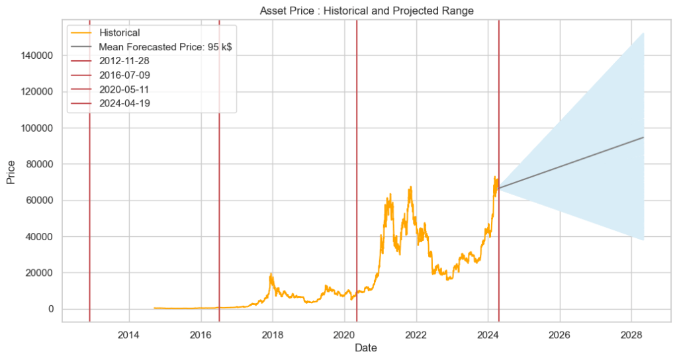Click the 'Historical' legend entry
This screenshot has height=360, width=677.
coord(119,32)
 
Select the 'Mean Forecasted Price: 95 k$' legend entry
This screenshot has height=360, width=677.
coord(165,47)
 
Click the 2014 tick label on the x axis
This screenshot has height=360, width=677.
coord(129,334)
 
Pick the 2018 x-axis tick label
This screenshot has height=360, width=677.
coord(273,334)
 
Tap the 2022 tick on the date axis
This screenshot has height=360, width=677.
coord(416,334)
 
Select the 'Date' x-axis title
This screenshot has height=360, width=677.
coord(366,347)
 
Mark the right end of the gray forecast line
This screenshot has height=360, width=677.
coord(643,138)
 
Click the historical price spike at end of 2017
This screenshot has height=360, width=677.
coord(271,275)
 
